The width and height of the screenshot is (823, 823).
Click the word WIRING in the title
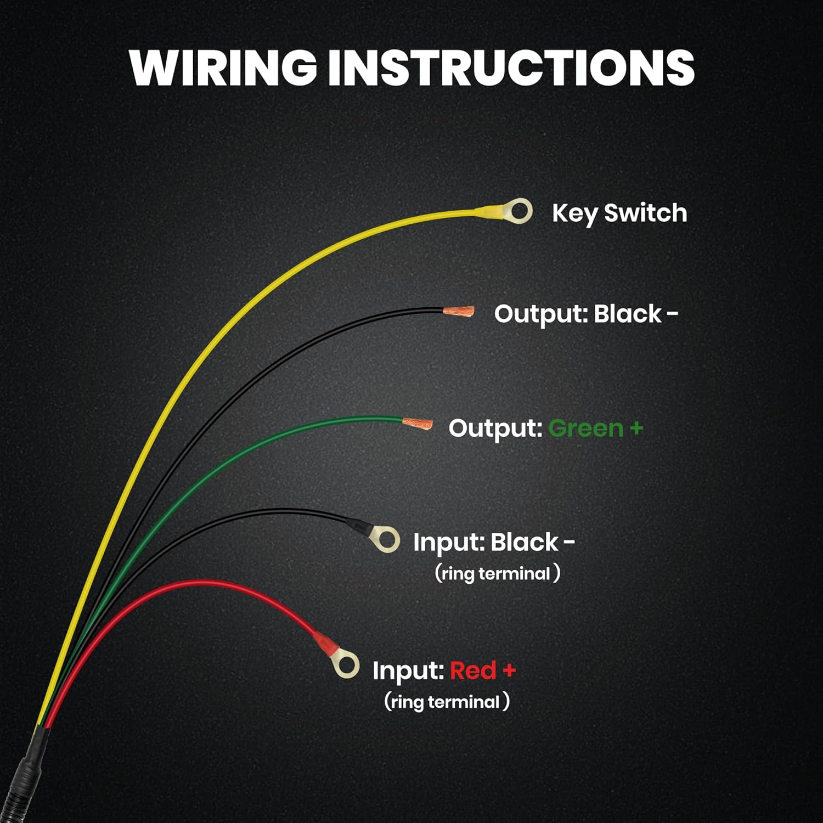pos(223,67)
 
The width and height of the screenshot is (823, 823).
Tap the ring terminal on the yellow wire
pos(517,211)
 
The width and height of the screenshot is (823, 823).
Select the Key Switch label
pos(619,213)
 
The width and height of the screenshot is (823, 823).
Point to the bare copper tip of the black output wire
pos(459,312)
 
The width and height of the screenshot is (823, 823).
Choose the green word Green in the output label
pos(585,428)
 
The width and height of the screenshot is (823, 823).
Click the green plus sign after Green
pos(636,427)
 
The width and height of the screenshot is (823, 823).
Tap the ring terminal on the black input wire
pos(386,540)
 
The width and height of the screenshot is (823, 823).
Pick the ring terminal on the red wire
pos(346,666)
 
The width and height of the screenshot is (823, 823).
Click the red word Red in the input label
pos(473,670)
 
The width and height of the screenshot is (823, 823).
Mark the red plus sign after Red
pos(509,670)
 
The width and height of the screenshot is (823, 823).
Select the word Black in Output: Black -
pos(628,314)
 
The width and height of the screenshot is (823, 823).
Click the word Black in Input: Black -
pos(524,542)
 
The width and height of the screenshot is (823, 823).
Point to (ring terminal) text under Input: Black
pos(497,574)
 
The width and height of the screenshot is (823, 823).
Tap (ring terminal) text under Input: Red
pos(447,702)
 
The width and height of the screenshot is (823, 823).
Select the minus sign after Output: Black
pos(672,314)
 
